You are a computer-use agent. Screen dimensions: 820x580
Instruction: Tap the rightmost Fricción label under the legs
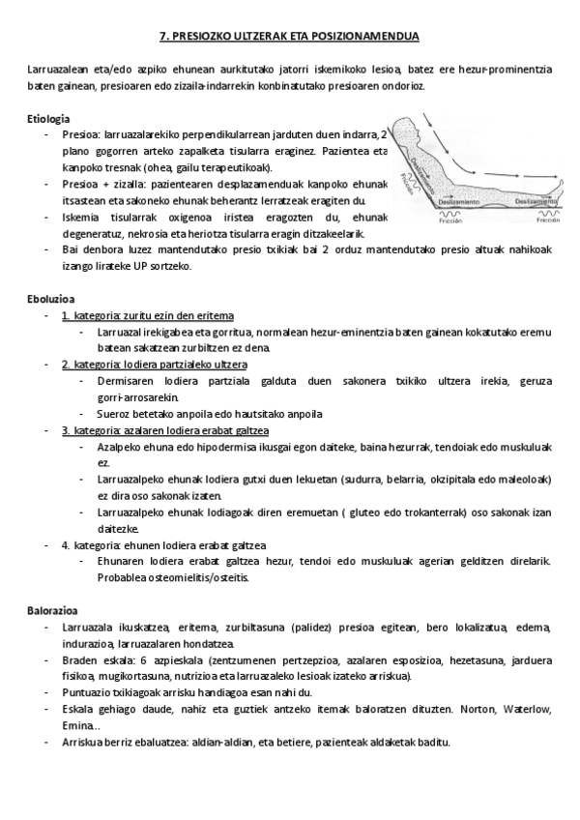548,220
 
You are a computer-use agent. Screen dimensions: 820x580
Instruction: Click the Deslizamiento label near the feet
535,201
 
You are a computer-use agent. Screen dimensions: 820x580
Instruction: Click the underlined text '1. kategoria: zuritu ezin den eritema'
147,315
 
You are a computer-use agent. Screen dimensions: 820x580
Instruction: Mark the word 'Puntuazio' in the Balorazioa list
85,692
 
